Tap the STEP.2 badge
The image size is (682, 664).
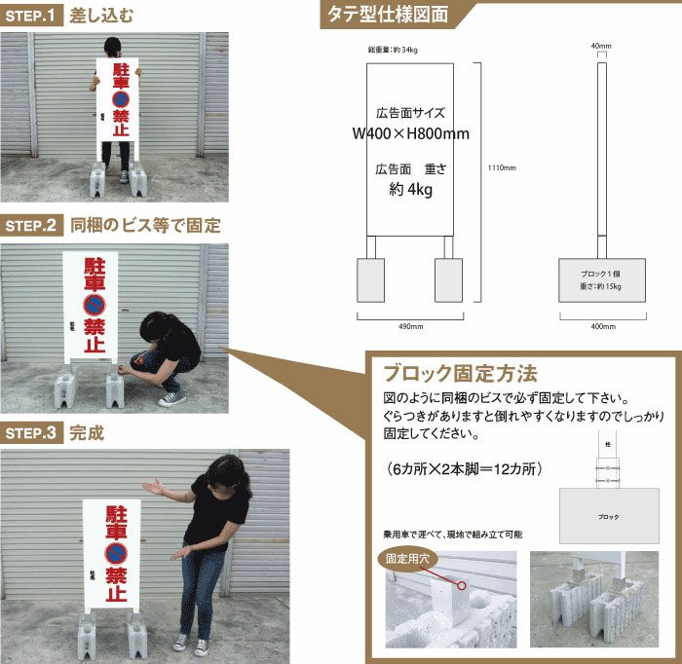tap(33, 226)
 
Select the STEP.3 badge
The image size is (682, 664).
tap(33, 434)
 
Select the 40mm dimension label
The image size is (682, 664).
tap(601, 46)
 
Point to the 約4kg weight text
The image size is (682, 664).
tap(410, 190)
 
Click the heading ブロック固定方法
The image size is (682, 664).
tap(459, 374)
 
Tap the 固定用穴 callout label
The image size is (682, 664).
tap(408, 560)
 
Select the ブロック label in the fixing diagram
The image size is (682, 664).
tap(608, 517)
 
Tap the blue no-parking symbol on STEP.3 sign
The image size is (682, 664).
tap(117, 553)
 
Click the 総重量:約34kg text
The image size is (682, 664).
tap(379, 49)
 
